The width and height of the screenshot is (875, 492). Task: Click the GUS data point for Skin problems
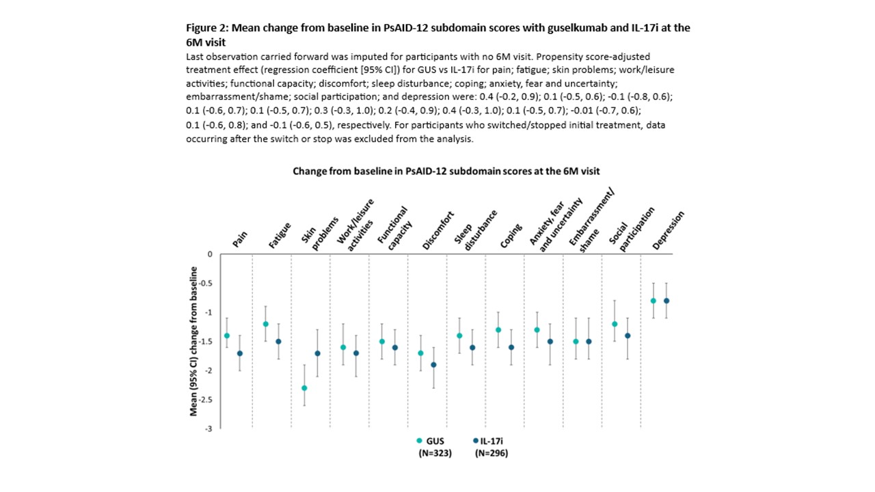pos(304,388)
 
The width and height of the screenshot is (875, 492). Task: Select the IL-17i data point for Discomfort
pos(433,365)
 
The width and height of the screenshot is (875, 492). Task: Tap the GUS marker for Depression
pos(654,301)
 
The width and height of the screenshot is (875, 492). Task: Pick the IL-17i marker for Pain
pos(239,353)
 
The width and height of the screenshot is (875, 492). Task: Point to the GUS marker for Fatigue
pos(265,324)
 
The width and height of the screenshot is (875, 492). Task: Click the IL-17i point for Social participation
pos(628,336)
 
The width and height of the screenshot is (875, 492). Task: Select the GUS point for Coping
pos(498,330)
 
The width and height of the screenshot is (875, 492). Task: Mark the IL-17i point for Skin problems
pos(317,353)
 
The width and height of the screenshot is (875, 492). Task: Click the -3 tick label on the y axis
pos(208,428)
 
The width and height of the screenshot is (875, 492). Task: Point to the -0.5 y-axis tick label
pos(206,284)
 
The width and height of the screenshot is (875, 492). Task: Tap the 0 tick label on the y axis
pos(211,254)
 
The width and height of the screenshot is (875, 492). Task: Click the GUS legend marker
pos(419,441)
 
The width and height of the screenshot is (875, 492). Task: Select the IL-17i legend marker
pos(474,441)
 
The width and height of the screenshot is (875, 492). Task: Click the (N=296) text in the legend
pos(492,453)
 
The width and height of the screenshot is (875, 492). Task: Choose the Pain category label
pos(239,239)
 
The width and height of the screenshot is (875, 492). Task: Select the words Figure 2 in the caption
pos(208,28)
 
